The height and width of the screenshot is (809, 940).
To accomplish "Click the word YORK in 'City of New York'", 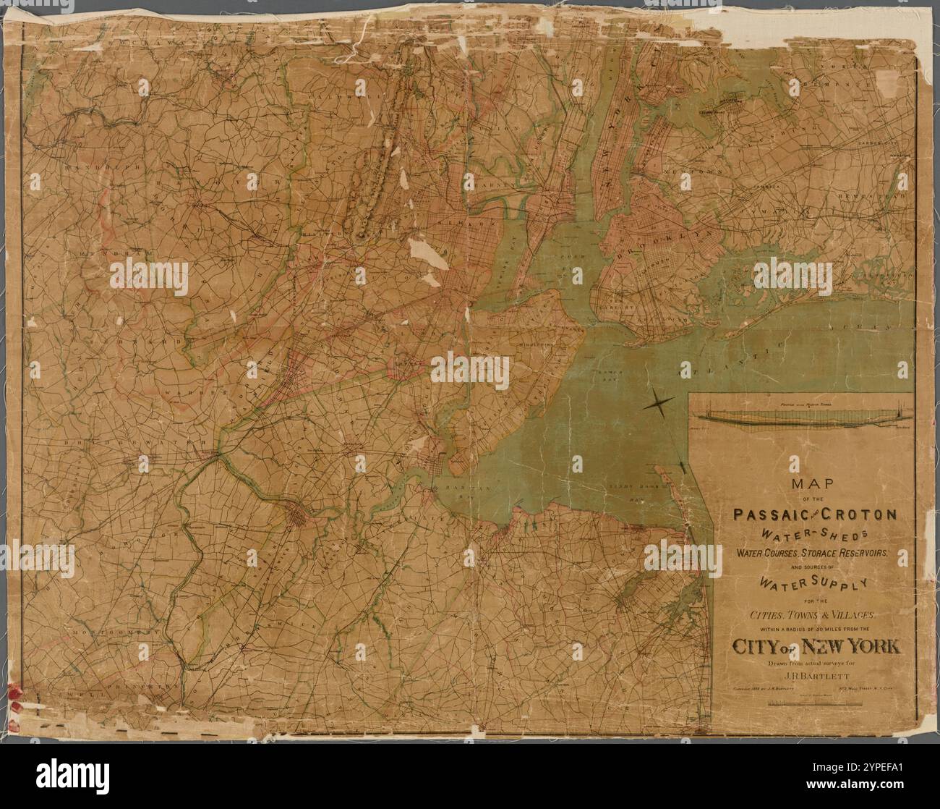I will pyautogui.click(x=866, y=646).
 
